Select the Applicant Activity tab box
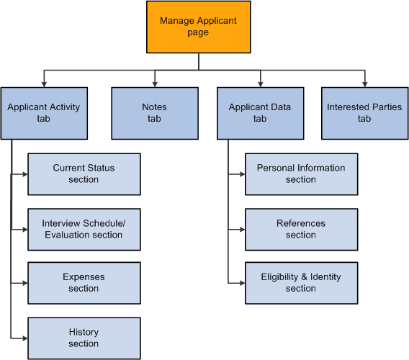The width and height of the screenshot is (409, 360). pos(44,113)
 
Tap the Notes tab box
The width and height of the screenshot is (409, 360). pos(154,113)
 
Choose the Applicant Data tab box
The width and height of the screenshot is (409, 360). pos(260,113)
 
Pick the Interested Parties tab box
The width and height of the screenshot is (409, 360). pos(364,113)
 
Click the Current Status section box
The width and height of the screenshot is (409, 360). pos(84,174)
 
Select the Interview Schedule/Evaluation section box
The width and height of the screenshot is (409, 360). pos(84,229)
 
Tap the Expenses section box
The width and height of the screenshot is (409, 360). pos(84,282)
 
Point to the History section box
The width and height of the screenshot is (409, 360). pos(84,338)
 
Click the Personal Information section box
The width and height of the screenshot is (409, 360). pos(301,174)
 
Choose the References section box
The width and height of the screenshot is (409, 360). pos(301,229)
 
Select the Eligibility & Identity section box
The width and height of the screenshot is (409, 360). pos(301,282)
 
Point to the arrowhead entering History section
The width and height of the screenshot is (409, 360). pos(24,338)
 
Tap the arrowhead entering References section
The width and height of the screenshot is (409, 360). pos(242,229)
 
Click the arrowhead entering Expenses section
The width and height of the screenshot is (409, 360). pos(24,282)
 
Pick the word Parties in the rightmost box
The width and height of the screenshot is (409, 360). pos(387,107)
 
